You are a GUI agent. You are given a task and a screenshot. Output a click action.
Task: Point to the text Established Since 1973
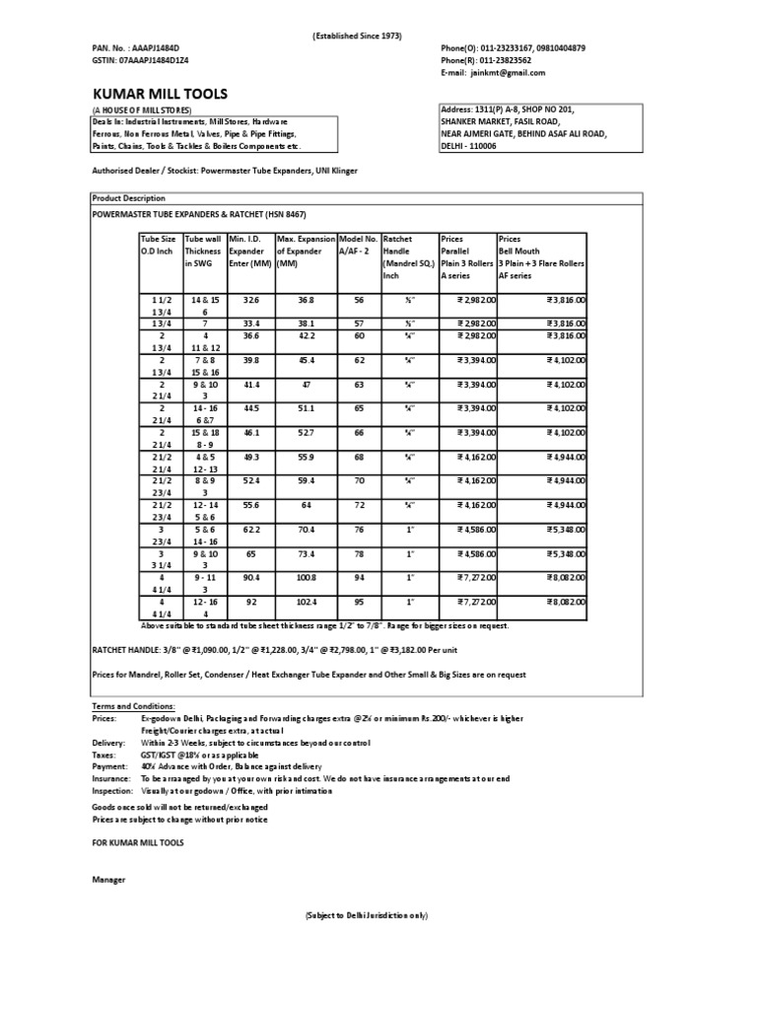[x=357, y=36]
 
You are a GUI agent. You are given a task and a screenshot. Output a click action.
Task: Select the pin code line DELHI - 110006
[x=468, y=146]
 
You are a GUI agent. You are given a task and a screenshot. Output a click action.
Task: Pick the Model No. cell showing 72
[x=359, y=504]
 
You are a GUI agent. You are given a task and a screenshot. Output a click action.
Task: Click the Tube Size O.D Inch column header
[x=160, y=245]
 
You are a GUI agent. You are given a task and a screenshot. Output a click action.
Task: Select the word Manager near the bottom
[x=108, y=879]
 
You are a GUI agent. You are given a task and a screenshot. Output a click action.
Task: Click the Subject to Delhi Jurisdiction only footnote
[x=367, y=915]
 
